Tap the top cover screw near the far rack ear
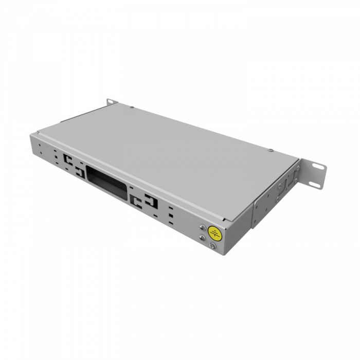click(x=133, y=107)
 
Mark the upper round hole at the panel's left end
click(x=41, y=145)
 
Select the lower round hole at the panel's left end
click(x=40, y=153)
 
